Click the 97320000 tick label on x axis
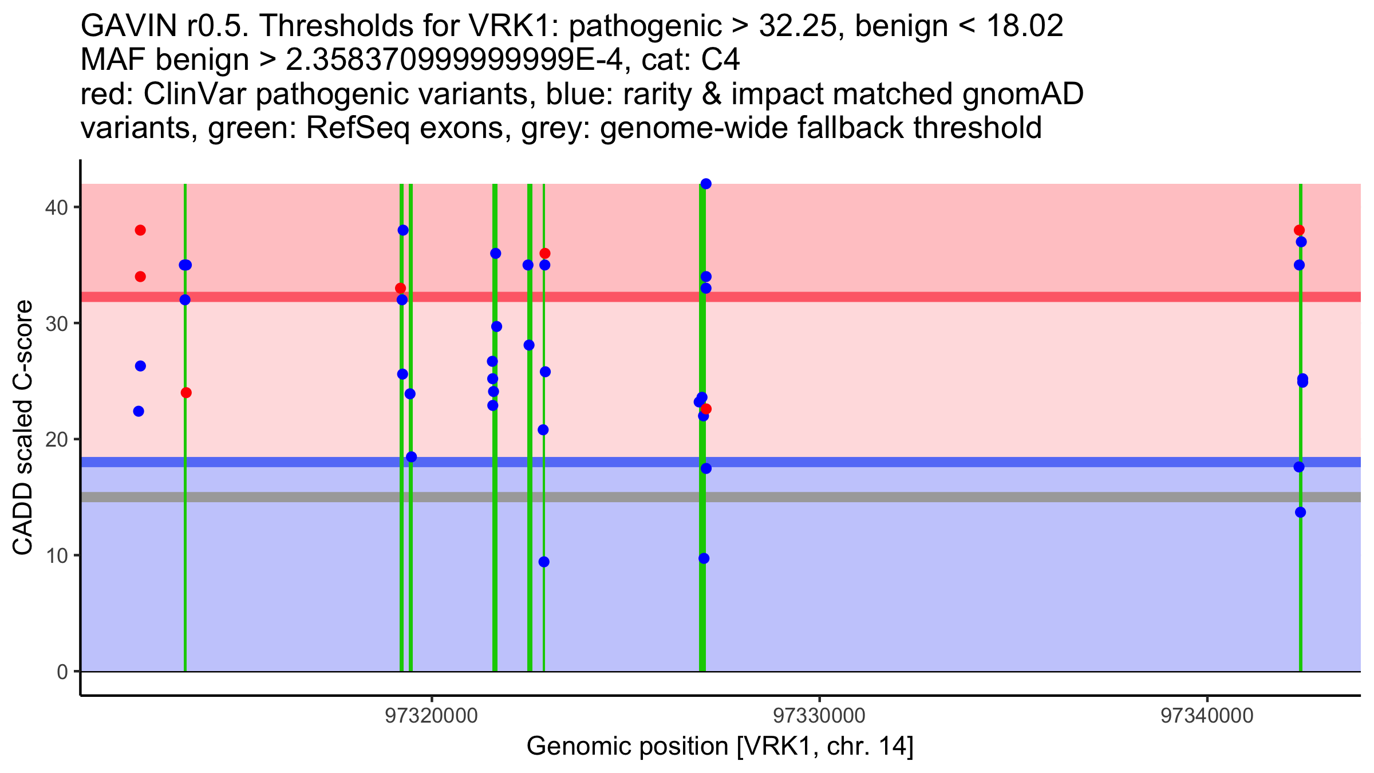click(x=432, y=716)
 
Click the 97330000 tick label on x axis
click(x=819, y=716)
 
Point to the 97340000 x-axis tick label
click(x=1207, y=716)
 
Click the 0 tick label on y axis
click(x=62, y=672)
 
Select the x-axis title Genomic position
click(x=720, y=747)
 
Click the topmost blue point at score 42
click(x=706, y=184)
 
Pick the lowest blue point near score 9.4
click(x=544, y=562)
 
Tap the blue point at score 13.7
click(x=1301, y=512)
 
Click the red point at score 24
click(x=186, y=393)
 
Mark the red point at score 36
click(x=545, y=253)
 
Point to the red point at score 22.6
click(x=706, y=409)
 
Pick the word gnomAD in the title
click(x=1022, y=94)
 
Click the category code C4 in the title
click(x=720, y=60)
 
